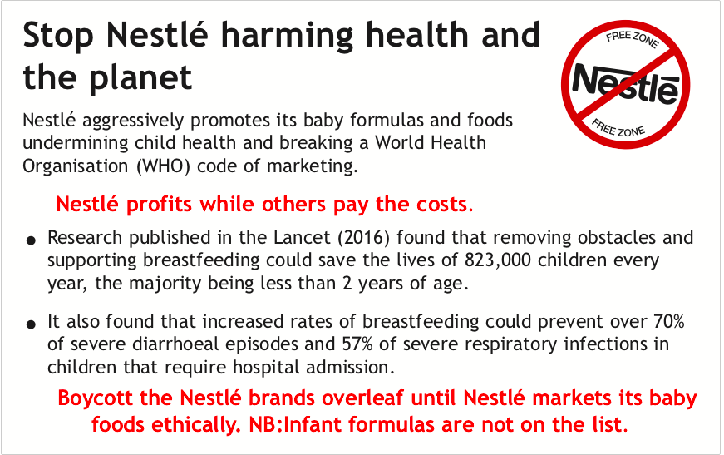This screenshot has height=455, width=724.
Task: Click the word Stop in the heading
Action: [58, 36]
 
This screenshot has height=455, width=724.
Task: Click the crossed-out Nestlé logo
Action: [626, 85]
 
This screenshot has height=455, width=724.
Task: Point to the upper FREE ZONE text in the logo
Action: [632, 38]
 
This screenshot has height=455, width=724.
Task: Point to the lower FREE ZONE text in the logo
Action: [618, 128]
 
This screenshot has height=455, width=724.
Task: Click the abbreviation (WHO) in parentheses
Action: [164, 166]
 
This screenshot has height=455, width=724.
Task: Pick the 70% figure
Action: [669, 321]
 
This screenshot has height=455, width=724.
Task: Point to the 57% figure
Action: [357, 344]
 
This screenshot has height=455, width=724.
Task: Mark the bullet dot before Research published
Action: [31, 240]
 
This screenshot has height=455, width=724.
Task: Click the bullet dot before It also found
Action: [31, 324]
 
